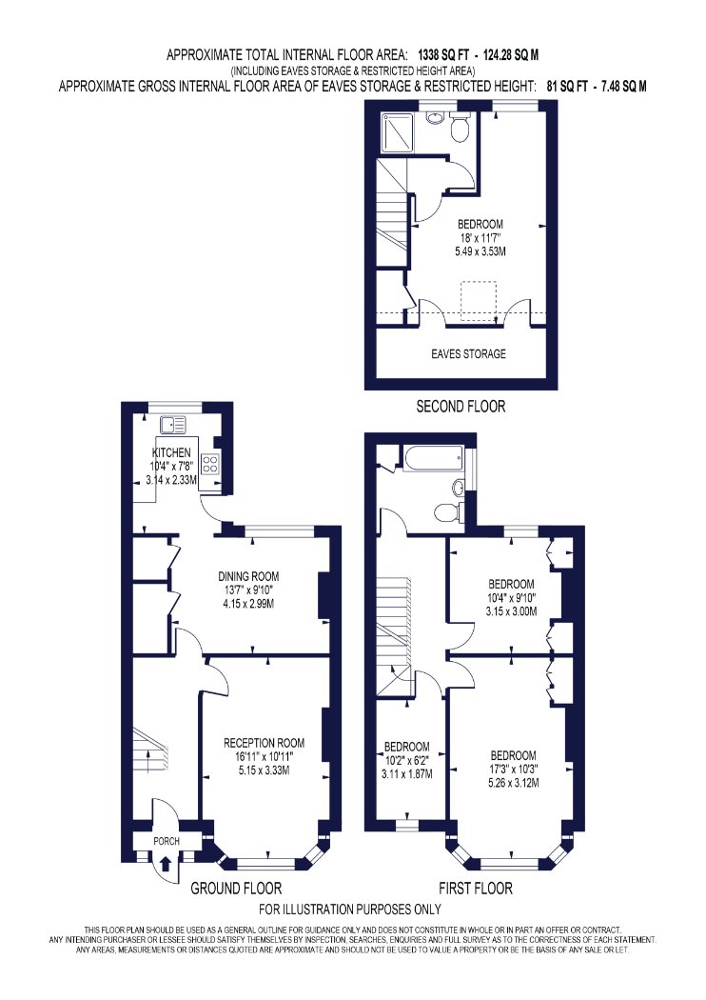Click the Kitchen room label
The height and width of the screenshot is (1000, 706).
[x=170, y=452]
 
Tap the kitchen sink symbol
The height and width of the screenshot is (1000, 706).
[x=172, y=423]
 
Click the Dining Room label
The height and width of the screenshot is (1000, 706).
[x=248, y=576]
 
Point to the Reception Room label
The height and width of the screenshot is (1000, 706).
[x=264, y=743]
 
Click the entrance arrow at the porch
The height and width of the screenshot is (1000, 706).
[x=166, y=864]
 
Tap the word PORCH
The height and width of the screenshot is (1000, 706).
[x=167, y=841]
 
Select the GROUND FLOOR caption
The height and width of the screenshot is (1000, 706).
[x=236, y=888]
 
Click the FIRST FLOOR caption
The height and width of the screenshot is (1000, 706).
[x=476, y=888]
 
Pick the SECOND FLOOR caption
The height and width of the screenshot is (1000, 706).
[x=461, y=407]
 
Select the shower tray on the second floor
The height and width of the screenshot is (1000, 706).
[x=397, y=132]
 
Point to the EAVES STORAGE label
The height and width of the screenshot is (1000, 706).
[x=468, y=354]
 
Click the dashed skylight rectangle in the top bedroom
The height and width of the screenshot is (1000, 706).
[x=479, y=298]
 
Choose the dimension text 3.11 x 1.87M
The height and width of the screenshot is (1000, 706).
[x=407, y=774]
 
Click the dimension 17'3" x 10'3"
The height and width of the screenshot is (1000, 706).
[x=512, y=770]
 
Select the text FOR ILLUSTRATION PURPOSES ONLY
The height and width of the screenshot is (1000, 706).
[x=350, y=910]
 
